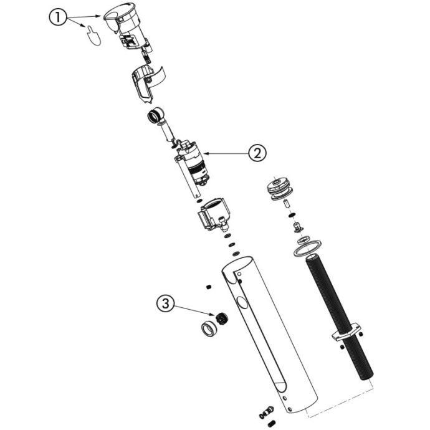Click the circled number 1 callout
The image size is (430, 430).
coord(57,17)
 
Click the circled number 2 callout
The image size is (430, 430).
coord(257,153)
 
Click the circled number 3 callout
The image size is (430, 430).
coord(165,303)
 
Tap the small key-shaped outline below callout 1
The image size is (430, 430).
coord(93,36)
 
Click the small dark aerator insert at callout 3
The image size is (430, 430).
coord(222,318)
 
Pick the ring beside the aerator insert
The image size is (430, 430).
coord(210,329)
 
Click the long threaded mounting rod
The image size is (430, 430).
coord(340,317)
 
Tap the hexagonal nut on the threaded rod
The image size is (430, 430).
coord(346,332)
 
